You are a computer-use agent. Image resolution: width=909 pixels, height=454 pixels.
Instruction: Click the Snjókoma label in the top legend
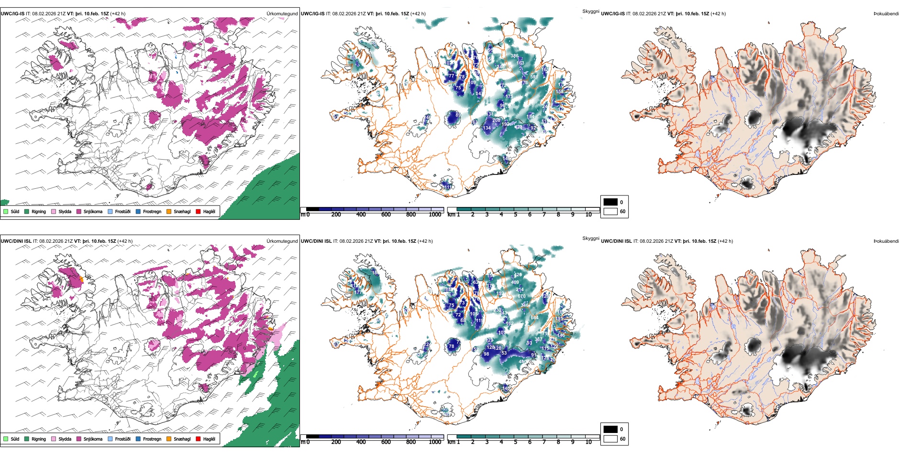pyautogui.click(x=93, y=211)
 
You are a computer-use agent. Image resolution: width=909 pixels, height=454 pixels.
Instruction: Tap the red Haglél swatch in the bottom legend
pyautogui.click(x=198, y=439)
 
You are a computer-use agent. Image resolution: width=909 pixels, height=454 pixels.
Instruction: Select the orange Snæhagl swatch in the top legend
pyautogui.click(x=169, y=211)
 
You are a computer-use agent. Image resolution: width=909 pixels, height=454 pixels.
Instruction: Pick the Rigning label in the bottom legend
pyautogui.click(x=39, y=439)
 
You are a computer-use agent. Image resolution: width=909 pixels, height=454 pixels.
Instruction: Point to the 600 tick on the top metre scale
pyautogui.click(x=386, y=215)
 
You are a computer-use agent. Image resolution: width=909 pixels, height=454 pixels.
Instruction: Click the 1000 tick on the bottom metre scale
pyautogui.click(x=435, y=442)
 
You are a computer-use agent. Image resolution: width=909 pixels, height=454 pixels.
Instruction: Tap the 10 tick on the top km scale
pyautogui.click(x=588, y=215)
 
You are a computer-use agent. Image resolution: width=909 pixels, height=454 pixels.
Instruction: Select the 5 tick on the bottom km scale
pyautogui.click(x=516, y=442)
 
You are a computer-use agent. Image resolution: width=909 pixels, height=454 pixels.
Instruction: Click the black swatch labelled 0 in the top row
pyautogui.click(x=610, y=202)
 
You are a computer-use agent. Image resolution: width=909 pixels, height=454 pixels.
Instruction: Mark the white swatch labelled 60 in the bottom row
pyautogui.click(x=610, y=439)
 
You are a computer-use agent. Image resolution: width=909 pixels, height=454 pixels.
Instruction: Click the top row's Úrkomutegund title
pyautogui.click(x=282, y=14)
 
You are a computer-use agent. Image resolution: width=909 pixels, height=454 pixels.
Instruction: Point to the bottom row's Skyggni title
pyautogui.click(x=591, y=238)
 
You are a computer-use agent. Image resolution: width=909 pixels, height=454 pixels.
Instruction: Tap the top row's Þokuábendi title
pyautogui.click(x=886, y=14)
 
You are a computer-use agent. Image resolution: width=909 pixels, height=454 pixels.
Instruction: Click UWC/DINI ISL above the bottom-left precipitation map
pyautogui.click(x=16, y=241)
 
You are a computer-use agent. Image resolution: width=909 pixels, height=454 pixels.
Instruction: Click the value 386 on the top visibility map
pyautogui.click(x=514, y=56)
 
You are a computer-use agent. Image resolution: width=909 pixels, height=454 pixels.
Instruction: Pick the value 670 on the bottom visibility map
pyautogui.click(x=521, y=296)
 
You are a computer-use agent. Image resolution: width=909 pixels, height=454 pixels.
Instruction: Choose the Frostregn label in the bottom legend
pyautogui.click(x=152, y=439)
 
